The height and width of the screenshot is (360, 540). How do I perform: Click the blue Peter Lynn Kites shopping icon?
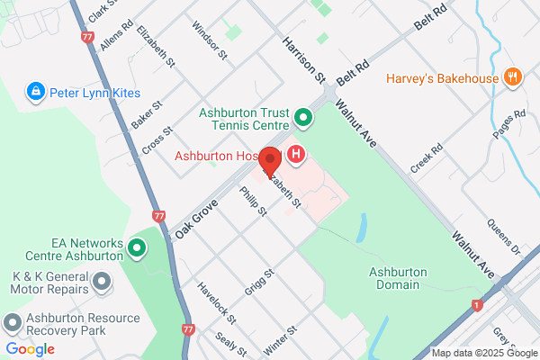[x=35, y=91]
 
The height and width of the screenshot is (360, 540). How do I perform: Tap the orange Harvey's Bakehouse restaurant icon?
[x=513, y=77]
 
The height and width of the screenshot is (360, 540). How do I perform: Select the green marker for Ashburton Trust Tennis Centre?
[x=304, y=118]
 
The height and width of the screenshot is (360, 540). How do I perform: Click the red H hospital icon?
[x=296, y=156]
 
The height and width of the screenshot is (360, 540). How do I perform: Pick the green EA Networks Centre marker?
[x=138, y=247]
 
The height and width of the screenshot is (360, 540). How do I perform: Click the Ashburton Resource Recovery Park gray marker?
[x=12, y=321]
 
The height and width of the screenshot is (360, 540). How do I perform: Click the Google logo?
[x=30, y=348]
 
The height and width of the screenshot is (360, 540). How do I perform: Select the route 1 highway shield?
[x=476, y=305]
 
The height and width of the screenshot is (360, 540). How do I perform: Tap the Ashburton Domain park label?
[x=394, y=278]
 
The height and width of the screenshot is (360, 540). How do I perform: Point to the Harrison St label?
[x=302, y=55]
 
